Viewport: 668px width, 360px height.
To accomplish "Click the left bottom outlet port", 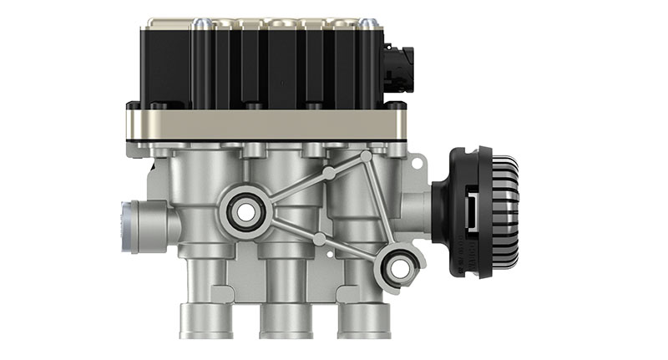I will click(204, 321).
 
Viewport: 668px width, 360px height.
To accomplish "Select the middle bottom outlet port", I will click(283, 321).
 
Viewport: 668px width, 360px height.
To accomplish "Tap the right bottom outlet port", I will click(360, 321).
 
